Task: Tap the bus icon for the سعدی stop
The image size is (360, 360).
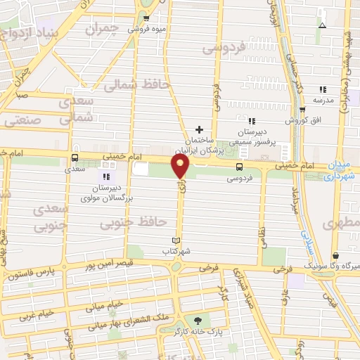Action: coord(75,158)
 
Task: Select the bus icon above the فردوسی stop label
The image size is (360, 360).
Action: coord(240,167)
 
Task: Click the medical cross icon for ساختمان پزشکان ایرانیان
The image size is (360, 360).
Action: coord(199,129)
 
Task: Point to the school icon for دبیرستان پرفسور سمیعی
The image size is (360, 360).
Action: coord(252,122)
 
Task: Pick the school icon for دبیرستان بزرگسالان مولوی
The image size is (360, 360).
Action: coord(106,176)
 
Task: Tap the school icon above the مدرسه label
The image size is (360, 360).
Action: coord(323,89)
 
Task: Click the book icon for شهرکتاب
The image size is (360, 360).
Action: coord(186,240)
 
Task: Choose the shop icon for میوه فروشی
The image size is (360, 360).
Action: coord(147,19)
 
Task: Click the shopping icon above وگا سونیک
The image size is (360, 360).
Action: coord(335,255)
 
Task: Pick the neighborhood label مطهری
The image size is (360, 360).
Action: coord(342,224)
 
